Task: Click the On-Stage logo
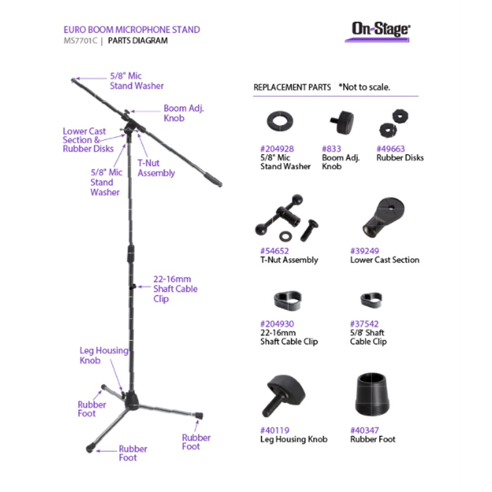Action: pyautogui.click(x=379, y=31)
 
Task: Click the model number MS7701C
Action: pyautogui.click(x=80, y=41)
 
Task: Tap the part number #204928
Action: pyautogui.click(x=277, y=149)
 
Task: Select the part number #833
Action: pyautogui.click(x=331, y=149)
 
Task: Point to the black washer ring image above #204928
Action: pyautogui.click(x=280, y=121)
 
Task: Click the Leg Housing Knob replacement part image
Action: pyautogui.click(x=283, y=395)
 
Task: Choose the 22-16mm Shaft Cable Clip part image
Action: pyautogui.click(x=287, y=300)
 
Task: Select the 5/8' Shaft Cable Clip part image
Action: pyautogui.click(x=371, y=300)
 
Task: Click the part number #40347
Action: pyautogui.click(x=364, y=430)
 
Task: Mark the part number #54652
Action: pyautogui.click(x=275, y=251)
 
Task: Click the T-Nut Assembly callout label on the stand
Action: pyautogui.click(x=156, y=168)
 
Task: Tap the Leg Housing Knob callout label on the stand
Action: pyautogui.click(x=104, y=355)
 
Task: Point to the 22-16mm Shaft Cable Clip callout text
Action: pyautogui.click(x=175, y=289)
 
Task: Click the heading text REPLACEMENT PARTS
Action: pyautogui.click(x=292, y=87)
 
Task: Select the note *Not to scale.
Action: pyautogui.click(x=364, y=87)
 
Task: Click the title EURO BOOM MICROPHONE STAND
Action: pyautogui.click(x=132, y=30)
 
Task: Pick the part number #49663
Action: pyautogui.click(x=391, y=149)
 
